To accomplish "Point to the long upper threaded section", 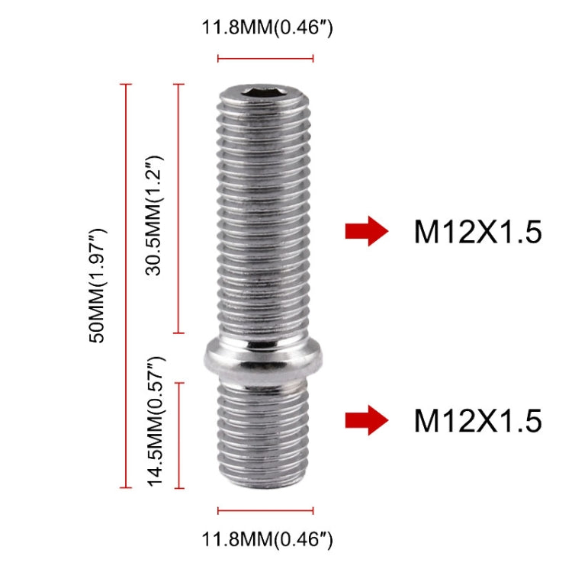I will pyautogui.click(x=265, y=221).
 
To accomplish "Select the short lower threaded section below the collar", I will pyautogui.click(x=265, y=435).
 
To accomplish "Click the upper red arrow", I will pyautogui.click(x=366, y=231).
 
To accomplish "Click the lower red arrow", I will pyautogui.click(x=366, y=419).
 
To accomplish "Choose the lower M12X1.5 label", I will pyautogui.click(x=477, y=420).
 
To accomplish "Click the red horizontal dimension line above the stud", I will pyautogui.click(x=265, y=58).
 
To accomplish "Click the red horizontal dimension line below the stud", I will pyautogui.click(x=265, y=510).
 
